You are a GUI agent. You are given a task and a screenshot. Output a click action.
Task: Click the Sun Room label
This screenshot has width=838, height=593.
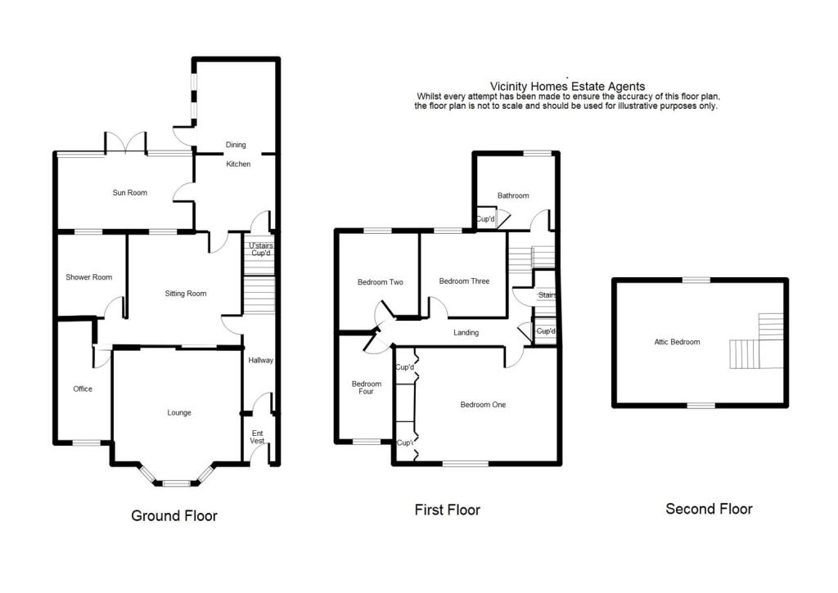[x=130, y=193]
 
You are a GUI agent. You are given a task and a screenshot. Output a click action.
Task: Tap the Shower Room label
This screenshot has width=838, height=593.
[x=88, y=277]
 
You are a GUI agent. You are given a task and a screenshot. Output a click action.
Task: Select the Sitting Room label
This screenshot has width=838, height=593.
[x=186, y=294]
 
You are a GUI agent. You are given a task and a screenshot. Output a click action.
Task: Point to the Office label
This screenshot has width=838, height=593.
[x=83, y=389]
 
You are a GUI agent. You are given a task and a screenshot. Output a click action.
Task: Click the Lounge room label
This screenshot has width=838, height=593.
[x=179, y=413]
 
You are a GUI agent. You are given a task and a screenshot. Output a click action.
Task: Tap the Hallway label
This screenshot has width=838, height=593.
[x=260, y=361]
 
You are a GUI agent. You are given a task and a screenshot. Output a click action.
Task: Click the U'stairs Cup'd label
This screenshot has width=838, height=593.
[x=260, y=249]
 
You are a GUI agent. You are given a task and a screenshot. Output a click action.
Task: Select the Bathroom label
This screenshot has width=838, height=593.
[x=513, y=195]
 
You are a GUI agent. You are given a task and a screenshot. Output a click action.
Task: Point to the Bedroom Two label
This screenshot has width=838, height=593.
[x=381, y=282]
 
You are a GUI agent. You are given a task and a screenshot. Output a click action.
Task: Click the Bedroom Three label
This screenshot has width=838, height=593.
[x=464, y=281]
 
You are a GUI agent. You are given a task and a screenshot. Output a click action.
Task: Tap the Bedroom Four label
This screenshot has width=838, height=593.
[x=366, y=388]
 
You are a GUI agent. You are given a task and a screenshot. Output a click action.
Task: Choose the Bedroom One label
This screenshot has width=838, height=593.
[x=483, y=405]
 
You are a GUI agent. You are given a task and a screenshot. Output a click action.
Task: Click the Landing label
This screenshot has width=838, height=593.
[x=466, y=333]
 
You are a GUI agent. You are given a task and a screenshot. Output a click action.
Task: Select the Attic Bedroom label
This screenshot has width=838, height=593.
[x=677, y=342]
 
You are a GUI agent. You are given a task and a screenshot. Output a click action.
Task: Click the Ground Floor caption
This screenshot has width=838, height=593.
[x=174, y=516]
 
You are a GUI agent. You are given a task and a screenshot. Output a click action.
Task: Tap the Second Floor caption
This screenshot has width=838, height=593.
[x=709, y=509]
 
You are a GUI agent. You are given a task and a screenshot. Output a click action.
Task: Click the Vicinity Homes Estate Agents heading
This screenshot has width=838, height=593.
[x=566, y=86]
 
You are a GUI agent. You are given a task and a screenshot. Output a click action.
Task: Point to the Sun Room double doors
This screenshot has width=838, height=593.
[x=125, y=142]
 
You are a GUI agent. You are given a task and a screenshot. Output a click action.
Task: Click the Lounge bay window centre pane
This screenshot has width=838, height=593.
[x=175, y=483]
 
